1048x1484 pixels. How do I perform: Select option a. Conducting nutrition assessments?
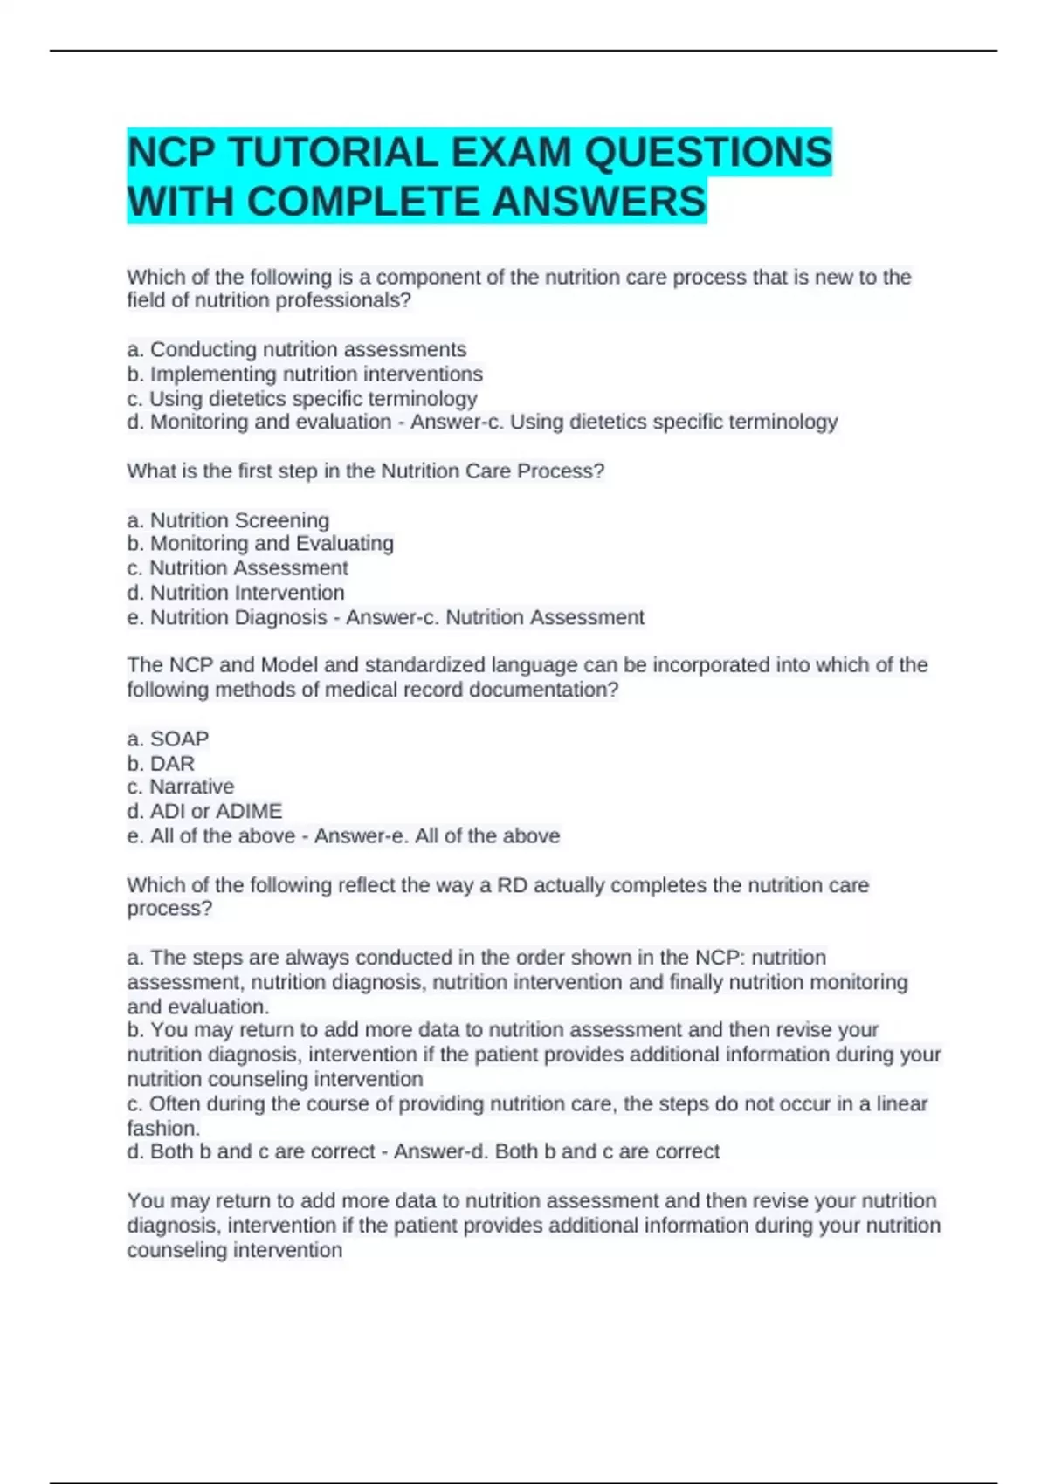point(297,349)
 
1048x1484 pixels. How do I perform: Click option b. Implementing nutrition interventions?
point(305,374)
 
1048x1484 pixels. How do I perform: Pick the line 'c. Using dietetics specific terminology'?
point(302,399)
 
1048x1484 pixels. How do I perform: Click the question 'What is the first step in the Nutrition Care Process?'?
point(365,471)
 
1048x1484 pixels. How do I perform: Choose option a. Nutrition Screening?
point(228,520)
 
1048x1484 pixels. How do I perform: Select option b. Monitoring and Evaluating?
point(260,543)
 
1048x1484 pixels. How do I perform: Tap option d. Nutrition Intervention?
point(236,593)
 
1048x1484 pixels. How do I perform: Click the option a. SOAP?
point(168,739)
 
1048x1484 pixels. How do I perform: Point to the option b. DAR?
point(161,763)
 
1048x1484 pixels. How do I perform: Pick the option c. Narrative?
point(181,787)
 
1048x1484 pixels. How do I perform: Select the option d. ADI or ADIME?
point(204,811)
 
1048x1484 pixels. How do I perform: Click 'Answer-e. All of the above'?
point(437,835)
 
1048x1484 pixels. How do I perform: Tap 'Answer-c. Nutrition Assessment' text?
point(494,617)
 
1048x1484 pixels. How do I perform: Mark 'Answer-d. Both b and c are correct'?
point(556,1151)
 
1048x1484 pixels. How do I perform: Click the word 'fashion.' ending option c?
point(163,1128)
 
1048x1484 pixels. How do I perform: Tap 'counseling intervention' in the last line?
point(234,1250)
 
